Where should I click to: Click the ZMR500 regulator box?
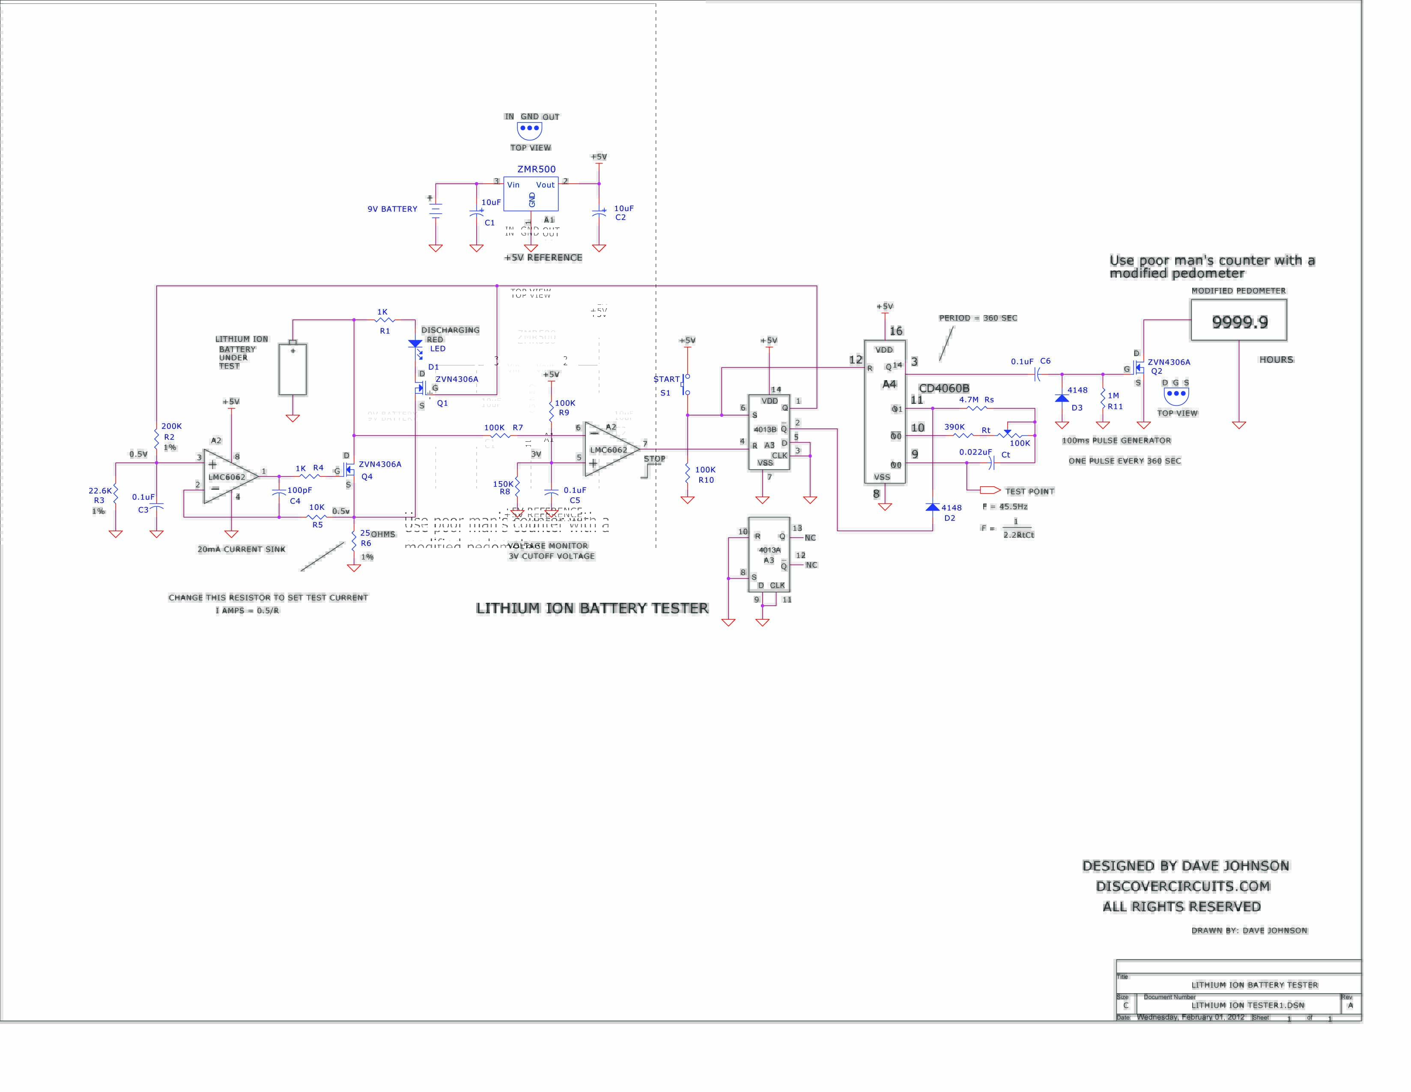tap(531, 193)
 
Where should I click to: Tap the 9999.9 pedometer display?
tap(1238, 321)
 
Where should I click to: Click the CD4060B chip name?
tap(943, 388)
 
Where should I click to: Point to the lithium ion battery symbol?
tap(292, 369)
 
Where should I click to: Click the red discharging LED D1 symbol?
tap(415, 345)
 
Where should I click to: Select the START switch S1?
tap(686, 384)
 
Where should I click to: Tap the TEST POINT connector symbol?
tap(990, 490)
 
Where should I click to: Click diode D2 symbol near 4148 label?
tap(932, 508)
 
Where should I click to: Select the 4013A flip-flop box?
tap(769, 554)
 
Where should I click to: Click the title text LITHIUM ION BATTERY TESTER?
tap(592, 608)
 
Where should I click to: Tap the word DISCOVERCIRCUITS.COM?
tap(1183, 886)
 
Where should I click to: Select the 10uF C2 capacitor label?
tap(623, 212)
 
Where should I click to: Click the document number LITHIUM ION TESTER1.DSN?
tap(1247, 1005)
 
